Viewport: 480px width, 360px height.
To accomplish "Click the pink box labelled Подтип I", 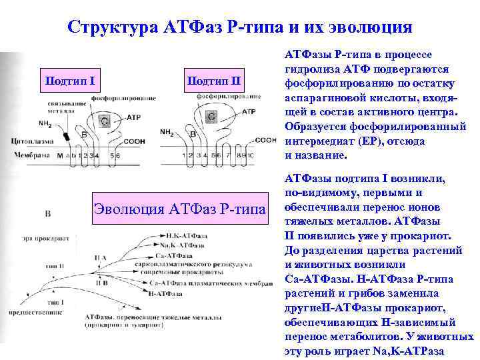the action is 69,81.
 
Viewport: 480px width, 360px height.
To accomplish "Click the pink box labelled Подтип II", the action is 214,81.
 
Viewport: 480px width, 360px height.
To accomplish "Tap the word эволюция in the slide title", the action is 370,27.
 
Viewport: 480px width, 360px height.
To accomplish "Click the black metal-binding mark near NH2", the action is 67,136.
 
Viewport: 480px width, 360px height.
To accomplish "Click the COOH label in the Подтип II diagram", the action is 265,139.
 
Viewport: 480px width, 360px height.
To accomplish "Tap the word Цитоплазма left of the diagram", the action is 29,142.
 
